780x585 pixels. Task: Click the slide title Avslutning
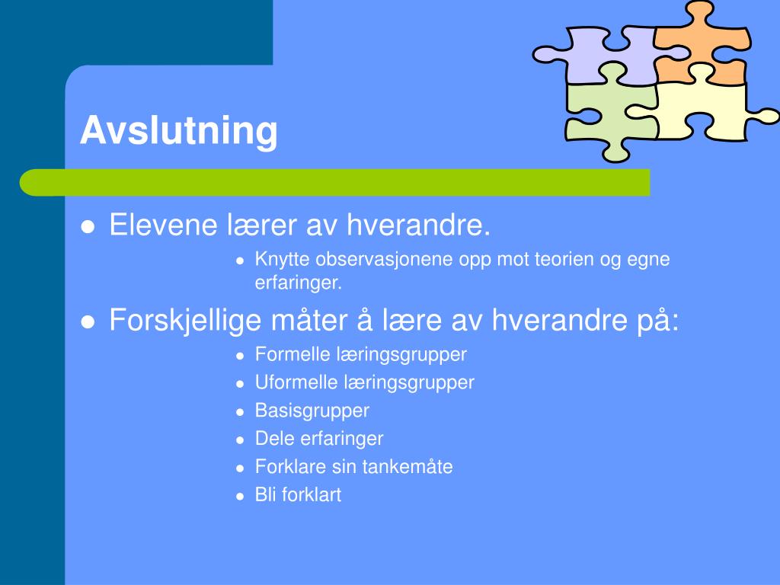coord(179,130)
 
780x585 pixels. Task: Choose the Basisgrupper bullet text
coord(312,411)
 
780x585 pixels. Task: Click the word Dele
coord(271,439)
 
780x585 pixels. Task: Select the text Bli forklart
coord(298,494)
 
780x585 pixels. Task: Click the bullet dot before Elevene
coord(88,227)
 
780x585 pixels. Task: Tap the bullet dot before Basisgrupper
coord(239,412)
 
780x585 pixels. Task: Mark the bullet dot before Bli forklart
coord(239,496)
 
